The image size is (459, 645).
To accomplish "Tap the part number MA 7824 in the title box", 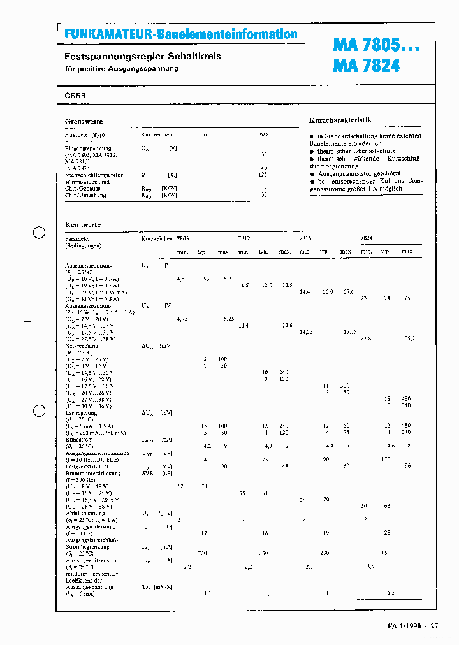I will pos(367,65).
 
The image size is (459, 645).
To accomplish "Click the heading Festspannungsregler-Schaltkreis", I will pos(143,56).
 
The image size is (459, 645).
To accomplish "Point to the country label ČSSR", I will pos(75,96).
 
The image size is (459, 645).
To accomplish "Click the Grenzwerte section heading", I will pos(84,122).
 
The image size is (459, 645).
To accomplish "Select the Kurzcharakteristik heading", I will pos(340,120).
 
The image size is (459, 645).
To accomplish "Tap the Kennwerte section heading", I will pos(83,225).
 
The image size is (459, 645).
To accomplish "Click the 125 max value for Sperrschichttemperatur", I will pos(263,174).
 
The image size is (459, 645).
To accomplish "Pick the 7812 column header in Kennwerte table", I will pos(244,238).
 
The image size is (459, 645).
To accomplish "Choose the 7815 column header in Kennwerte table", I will pos(305,238).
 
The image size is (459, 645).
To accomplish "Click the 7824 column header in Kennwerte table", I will pos(367,238).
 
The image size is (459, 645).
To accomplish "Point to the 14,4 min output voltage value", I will pos(305,291).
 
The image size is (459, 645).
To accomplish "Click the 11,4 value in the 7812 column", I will pos(243,326).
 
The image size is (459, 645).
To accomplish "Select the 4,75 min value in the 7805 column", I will pos(182,319).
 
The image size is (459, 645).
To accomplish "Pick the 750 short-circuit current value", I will pos(203,553).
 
